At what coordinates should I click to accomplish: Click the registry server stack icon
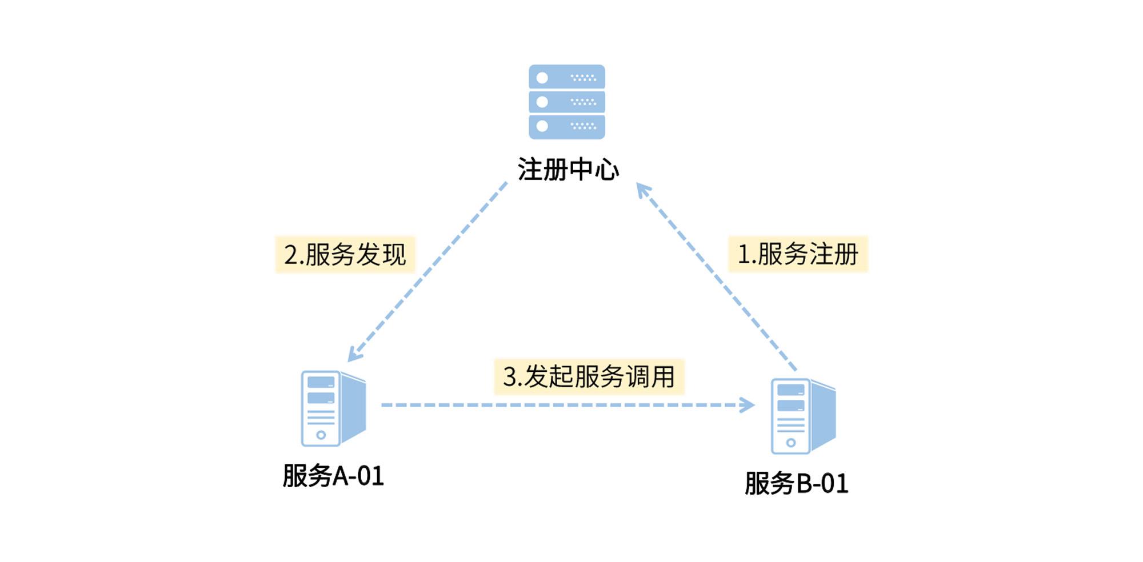click(566, 102)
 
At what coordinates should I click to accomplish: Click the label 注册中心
click(568, 170)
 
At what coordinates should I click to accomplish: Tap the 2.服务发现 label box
click(345, 254)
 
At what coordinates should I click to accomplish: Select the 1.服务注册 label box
click(798, 254)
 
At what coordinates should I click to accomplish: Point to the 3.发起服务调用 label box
click(589, 377)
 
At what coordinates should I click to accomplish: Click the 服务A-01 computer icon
click(333, 408)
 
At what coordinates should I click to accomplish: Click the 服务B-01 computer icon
click(803, 416)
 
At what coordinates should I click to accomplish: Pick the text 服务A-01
click(333, 476)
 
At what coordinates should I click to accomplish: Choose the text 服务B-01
click(796, 484)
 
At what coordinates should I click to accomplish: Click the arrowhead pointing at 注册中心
click(643, 190)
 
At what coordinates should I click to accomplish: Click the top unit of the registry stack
click(566, 77)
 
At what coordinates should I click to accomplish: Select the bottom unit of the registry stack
click(566, 126)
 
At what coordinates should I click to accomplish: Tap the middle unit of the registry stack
click(566, 102)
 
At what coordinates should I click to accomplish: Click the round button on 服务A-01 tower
click(321, 435)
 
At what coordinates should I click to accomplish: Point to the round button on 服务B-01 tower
click(791, 443)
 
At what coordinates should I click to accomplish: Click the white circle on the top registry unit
click(542, 78)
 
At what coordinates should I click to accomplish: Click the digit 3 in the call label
click(509, 377)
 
